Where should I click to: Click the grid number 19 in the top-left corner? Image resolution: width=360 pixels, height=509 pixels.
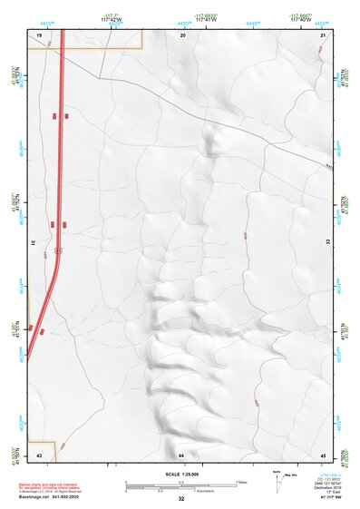40,34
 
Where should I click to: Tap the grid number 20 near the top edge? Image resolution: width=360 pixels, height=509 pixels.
183,34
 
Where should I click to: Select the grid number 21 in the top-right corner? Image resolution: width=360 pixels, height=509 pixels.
324,34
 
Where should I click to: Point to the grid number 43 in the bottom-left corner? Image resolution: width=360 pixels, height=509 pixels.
39,454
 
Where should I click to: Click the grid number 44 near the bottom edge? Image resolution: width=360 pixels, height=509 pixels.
181,454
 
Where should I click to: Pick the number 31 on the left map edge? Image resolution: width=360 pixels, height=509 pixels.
32,243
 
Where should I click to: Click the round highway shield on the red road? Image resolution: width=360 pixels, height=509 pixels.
58,249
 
